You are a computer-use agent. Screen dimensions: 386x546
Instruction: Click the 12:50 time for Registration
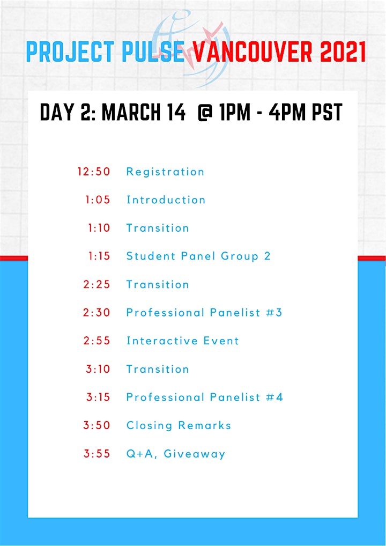pos(94,172)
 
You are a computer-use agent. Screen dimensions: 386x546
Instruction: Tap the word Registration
pos(165,172)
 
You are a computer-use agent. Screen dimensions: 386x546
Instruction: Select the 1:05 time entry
pos(98,200)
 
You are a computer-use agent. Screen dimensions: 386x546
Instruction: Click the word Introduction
pos(166,200)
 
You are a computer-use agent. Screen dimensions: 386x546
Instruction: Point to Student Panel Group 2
pos(198,256)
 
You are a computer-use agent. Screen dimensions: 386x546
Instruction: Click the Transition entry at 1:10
pos(158,228)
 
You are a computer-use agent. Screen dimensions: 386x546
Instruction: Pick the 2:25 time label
pos(96,284)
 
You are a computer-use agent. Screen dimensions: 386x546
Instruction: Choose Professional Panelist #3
pos(204,313)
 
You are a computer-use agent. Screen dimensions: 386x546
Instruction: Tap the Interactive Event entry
pos(183,341)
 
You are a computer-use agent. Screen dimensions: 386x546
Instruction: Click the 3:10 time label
pos(98,369)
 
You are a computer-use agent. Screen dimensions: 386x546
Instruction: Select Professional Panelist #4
pos(205,397)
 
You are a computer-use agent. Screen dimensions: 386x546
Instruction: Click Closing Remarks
pos(179,425)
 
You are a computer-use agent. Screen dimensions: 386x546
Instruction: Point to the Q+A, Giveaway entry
pos(176,454)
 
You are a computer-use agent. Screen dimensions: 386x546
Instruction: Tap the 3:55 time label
pos(96,454)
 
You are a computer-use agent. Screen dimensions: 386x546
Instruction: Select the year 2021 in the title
pos(344,52)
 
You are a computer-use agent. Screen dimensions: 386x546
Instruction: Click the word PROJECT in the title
pos(70,52)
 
